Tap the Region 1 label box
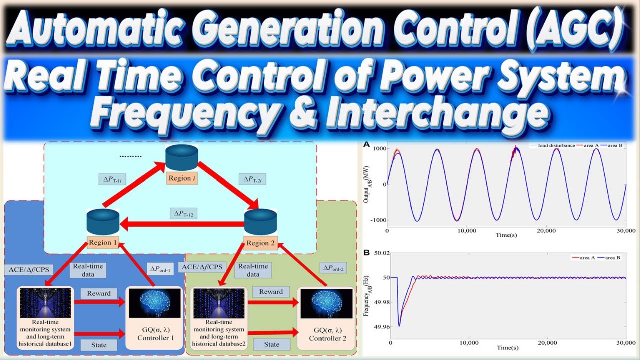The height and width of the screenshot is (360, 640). coord(103,243)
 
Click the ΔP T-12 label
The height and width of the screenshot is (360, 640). coord(184,214)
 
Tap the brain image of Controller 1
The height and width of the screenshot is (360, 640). coord(154,303)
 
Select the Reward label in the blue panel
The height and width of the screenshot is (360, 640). coord(99,293)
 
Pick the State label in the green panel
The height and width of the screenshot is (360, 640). coord(272,344)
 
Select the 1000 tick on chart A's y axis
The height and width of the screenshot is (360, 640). coord(377,148)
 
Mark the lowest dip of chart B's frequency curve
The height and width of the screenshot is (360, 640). coord(399,326)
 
